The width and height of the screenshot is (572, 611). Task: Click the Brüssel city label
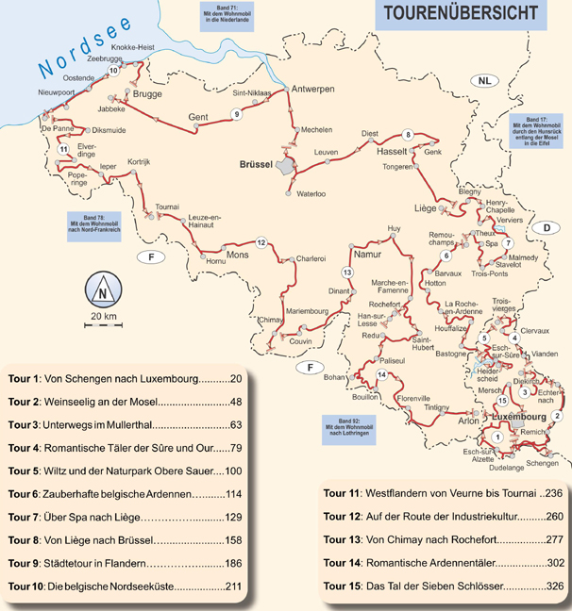[250, 164]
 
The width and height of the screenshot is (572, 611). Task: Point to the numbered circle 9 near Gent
[237, 115]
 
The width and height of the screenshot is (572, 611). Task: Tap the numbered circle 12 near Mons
[261, 242]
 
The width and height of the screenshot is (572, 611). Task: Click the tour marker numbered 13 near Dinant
[347, 272]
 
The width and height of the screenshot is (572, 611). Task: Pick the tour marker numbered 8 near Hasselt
[408, 134]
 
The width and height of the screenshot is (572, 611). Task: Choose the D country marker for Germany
[545, 228]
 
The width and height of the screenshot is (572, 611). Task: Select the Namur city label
[365, 254]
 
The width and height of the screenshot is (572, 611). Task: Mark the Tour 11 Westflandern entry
[434, 492]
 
